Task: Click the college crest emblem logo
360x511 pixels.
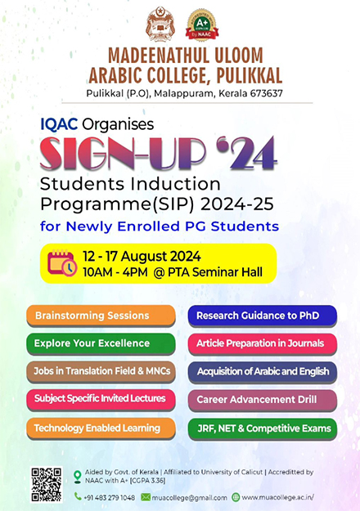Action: click(160, 24)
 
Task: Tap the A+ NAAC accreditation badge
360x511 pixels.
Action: click(202, 25)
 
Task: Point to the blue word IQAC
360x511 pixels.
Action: click(59, 124)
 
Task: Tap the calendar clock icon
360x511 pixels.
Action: click(62, 263)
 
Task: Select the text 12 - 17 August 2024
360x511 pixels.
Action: click(142, 257)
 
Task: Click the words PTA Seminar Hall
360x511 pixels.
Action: click(215, 272)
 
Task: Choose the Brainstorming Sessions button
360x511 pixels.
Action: click(101, 316)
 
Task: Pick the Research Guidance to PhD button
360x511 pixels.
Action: click(263, 316)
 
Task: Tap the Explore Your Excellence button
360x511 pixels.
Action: click(101, 343)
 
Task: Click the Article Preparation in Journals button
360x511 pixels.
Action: click(263, 343)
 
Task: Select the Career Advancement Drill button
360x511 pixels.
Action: click(263, 400)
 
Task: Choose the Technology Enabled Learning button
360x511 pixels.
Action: click(101, 428)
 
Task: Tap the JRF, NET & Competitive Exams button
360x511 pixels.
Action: click(263, 428)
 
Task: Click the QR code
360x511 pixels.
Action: click(47, 484)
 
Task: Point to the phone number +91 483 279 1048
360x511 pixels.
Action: click(110, 498)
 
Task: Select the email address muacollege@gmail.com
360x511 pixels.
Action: click(190, 498)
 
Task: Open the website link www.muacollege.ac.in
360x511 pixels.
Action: click(278, 497)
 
